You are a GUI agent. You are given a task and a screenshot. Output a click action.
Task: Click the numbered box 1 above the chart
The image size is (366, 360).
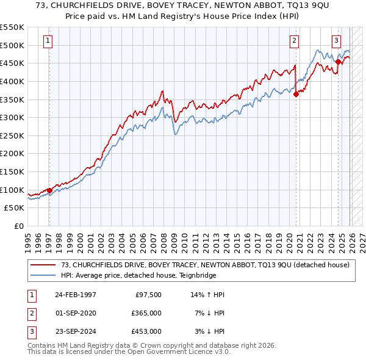tap(48, 41)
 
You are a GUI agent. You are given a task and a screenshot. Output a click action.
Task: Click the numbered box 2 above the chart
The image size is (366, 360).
tap(294, 41)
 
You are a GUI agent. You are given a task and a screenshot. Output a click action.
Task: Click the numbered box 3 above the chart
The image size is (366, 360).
tap(336, 41)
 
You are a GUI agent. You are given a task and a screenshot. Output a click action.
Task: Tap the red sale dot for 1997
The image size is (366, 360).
tap(49, 190)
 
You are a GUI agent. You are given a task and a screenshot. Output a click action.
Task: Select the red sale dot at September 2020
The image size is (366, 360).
tap(296, 94)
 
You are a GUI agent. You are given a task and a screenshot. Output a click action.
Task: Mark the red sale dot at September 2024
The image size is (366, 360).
tap(338, 62)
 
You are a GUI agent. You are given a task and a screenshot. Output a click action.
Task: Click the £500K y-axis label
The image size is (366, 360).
tap(12, 45)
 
